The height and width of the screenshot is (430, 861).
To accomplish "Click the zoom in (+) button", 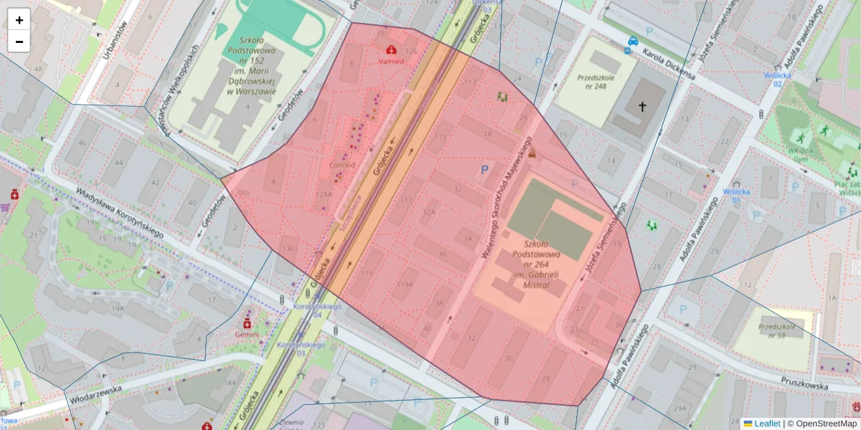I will (19, 20).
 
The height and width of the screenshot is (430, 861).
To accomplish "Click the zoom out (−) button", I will (19, 42).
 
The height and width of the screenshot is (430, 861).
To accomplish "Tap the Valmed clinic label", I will (391, 62).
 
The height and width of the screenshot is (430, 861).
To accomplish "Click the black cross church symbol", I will (642, 107).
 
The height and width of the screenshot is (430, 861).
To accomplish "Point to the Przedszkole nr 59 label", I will (782, 331).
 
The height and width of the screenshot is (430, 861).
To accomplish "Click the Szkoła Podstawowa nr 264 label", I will (532, 264).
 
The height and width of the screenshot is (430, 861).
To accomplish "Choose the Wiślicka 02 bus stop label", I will (786, 78).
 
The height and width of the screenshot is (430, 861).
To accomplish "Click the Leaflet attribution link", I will (767, 424).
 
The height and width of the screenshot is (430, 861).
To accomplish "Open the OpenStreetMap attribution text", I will (822, 424).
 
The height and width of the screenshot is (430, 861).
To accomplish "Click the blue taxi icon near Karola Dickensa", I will (633, 42).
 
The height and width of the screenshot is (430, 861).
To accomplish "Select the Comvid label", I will (343, 165).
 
